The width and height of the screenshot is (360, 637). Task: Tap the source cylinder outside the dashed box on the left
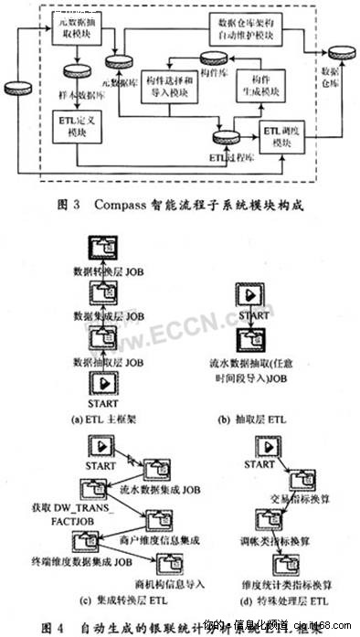tap(17, 90)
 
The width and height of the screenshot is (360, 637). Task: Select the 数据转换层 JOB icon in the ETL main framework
tap(100, 249)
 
